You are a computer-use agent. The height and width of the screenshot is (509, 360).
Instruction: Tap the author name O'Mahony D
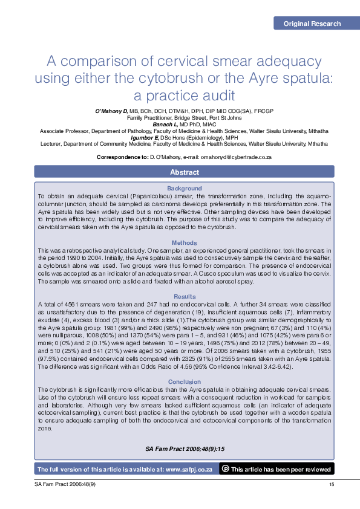point(111,111)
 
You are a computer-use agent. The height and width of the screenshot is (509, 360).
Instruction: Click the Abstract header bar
point(185,172)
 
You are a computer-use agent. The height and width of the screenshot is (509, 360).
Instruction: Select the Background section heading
point(185,189)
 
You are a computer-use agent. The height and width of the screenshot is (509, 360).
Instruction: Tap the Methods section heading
point(185,243)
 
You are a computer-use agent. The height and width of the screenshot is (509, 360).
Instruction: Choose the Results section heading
point(185,297)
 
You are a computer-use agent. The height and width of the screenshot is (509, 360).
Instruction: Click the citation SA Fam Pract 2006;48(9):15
point(185,449)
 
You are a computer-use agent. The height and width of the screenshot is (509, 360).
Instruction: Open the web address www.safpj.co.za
point(189,469)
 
